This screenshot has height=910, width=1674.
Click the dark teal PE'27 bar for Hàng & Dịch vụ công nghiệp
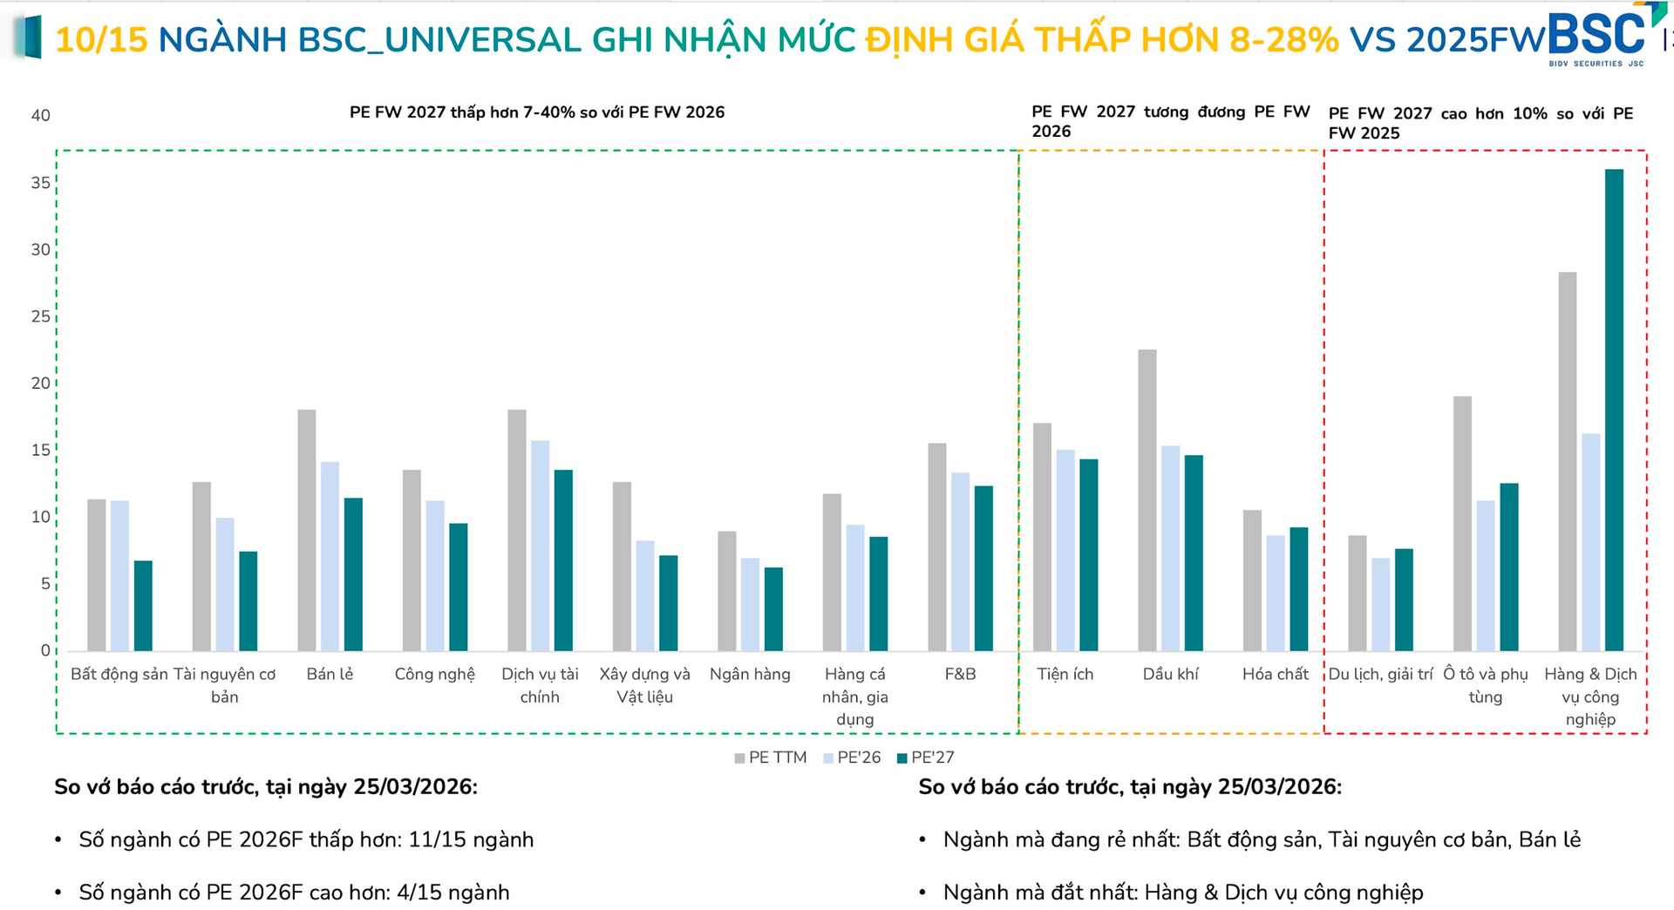(1614, 410)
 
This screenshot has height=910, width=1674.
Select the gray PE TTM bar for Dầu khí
(1147, 500)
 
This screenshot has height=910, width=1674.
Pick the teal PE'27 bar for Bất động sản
(143, 606)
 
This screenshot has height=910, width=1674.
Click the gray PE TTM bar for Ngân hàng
(727, 591)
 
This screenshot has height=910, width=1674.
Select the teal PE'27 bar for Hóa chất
(1299, 589)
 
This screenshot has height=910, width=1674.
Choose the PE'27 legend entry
(926, 757)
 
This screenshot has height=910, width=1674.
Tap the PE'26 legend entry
(852, 757)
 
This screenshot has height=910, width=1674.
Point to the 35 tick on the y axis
(40, 183)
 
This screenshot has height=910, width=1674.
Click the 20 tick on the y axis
(40, 384)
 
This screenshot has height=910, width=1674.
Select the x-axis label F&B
(960, 674)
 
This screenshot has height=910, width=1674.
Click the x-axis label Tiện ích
(1065, 674)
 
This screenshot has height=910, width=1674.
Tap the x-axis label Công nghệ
(434, 674)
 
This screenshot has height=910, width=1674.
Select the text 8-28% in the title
(1283, 39)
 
